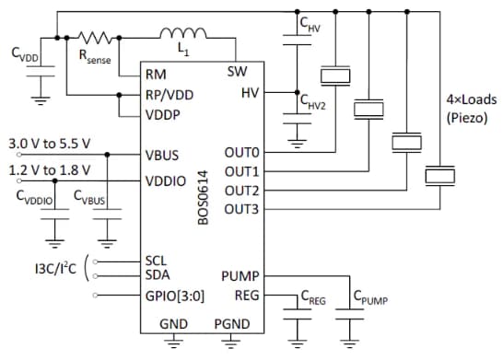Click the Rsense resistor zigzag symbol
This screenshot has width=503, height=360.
pos(97,39)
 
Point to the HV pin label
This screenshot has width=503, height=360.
pos(250,93)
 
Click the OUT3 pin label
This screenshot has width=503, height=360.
pos(241,209)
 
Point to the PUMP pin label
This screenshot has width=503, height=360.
pos(240,275)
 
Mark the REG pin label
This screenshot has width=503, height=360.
pos(247,295)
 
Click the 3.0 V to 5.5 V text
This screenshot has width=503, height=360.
pos(49,145)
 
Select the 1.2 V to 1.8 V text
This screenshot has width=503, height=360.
pos(49,170)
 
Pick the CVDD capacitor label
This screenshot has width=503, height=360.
pos(26,55)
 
